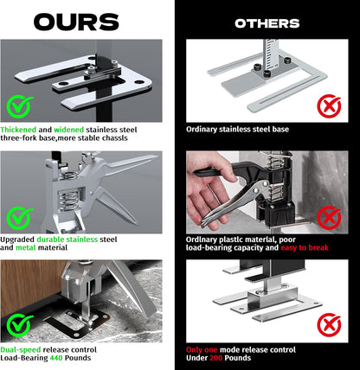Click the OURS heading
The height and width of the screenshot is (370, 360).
[x=76, y=22]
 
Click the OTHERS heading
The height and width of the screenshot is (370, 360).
[x=267, y=23]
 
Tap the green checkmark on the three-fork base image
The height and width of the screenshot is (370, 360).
[x=19, y=106]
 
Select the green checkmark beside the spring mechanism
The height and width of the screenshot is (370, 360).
[x=19, y=218]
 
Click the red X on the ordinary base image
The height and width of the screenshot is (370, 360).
[x=329, y=105]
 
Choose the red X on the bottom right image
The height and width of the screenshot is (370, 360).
[x=329, y=325]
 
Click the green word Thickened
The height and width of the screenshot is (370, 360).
[x=18, y=130]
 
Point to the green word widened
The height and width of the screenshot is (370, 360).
[x=69, y=130]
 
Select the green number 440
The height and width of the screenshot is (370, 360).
[x=56, y=358]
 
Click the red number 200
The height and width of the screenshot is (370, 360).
[x=215, y=358]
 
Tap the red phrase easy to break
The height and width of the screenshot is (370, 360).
[x=305, y=247]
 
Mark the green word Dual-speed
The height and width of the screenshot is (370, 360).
[x=21, y=350]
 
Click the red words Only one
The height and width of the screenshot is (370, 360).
[x=202, y=350]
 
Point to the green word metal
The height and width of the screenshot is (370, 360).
[x=26, y=247]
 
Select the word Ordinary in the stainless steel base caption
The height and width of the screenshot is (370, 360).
[x=202, y=130]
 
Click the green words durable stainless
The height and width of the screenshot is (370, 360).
[x=67, y=239]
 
